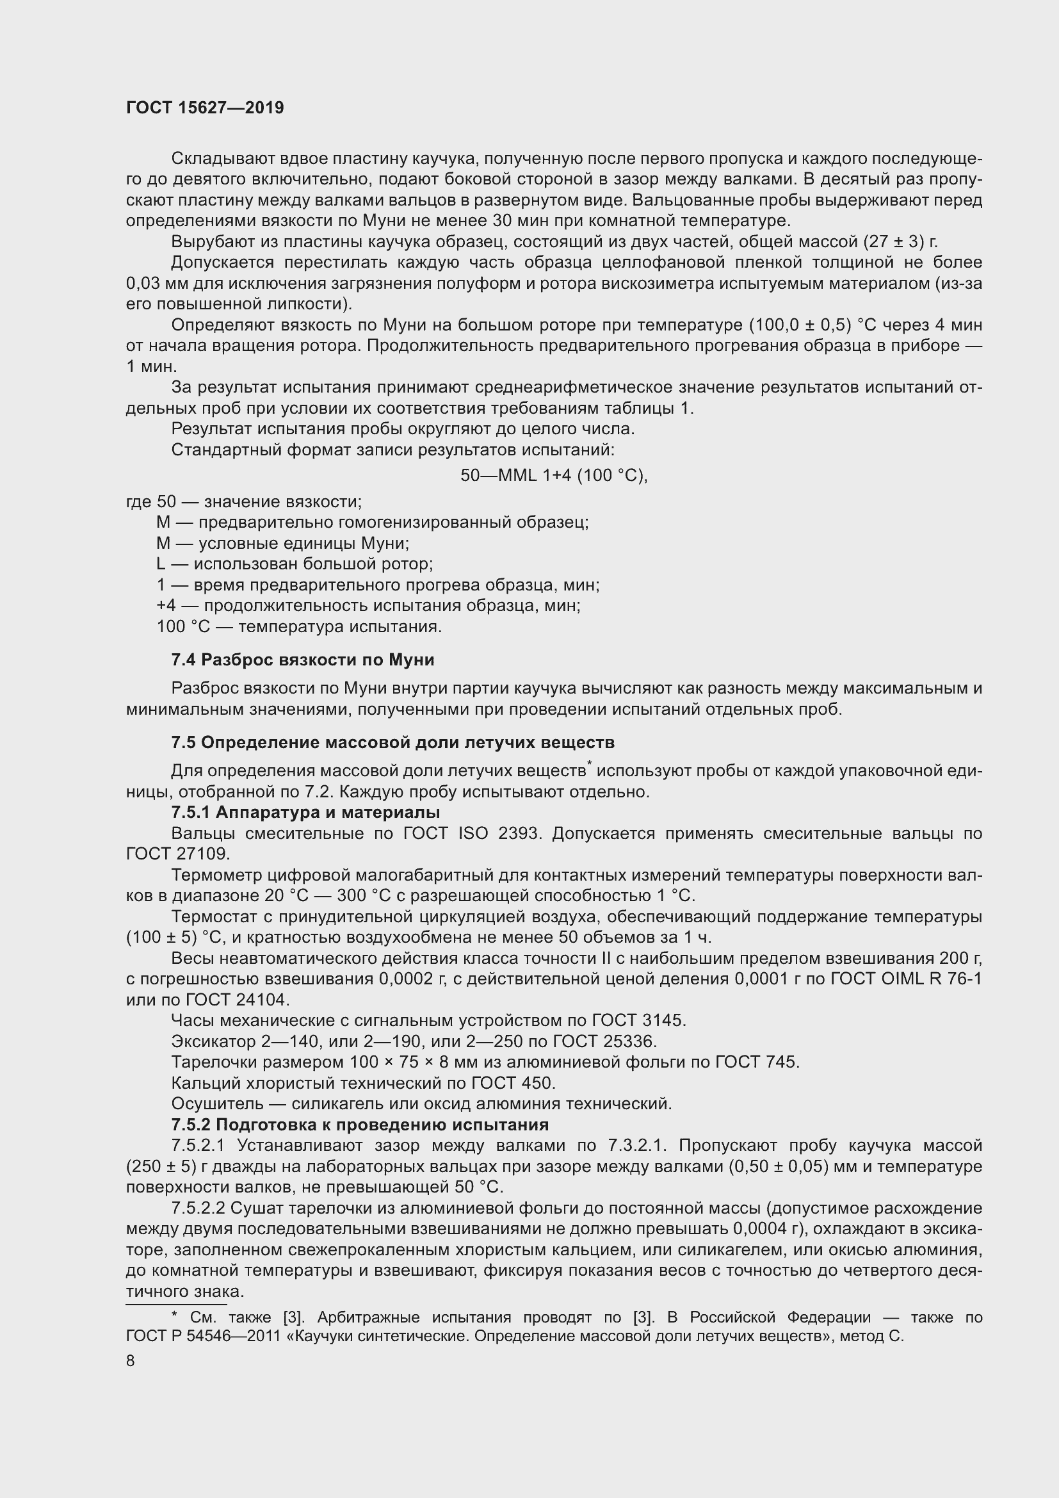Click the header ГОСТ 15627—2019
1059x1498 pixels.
[205, 108]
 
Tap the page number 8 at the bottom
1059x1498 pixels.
[131, 1360]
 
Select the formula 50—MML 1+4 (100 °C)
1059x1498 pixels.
[554, 476]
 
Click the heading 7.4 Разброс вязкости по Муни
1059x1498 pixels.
[303, 660]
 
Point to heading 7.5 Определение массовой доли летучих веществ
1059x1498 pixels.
[392, 742]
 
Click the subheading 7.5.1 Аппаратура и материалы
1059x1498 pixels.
[305, 812]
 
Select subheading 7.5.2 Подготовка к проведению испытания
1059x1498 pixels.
[359, 1125]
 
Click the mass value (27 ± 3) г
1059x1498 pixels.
[901, 242]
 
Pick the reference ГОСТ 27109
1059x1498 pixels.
[176, 854]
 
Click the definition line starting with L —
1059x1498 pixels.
[295, 564]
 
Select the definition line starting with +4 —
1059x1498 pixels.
[368, 605]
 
